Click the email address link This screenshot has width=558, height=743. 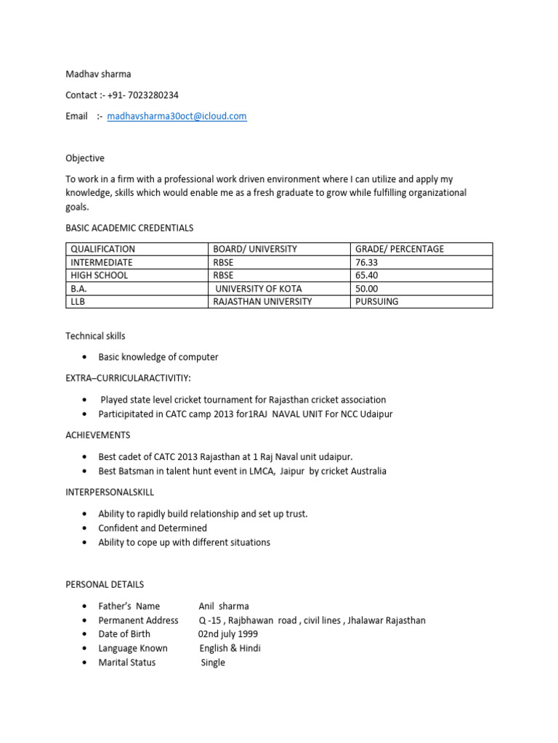pos(177,116)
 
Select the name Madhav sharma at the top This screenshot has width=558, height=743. pos(98,74)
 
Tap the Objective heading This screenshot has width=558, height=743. pos(85,158)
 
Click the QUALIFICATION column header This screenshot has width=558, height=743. pos(102,249)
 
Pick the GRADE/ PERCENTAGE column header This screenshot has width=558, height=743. pos(399,249)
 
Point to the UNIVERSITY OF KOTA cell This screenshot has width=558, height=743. pos(258,289)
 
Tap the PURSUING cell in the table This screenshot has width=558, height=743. pos(376,302)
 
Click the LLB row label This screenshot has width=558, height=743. pos(78,302)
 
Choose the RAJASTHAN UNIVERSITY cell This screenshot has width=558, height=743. pos(262,302)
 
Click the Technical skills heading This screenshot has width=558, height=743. pos(95,336)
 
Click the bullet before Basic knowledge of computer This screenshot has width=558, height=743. pos(86,358)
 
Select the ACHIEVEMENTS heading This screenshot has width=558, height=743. pos(98,435)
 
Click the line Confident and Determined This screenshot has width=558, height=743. pos(153,528)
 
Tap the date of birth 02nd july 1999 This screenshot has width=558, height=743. pos(228,634)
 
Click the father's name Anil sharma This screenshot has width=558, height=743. pos(224,606)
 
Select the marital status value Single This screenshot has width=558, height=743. pos(213,662)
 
